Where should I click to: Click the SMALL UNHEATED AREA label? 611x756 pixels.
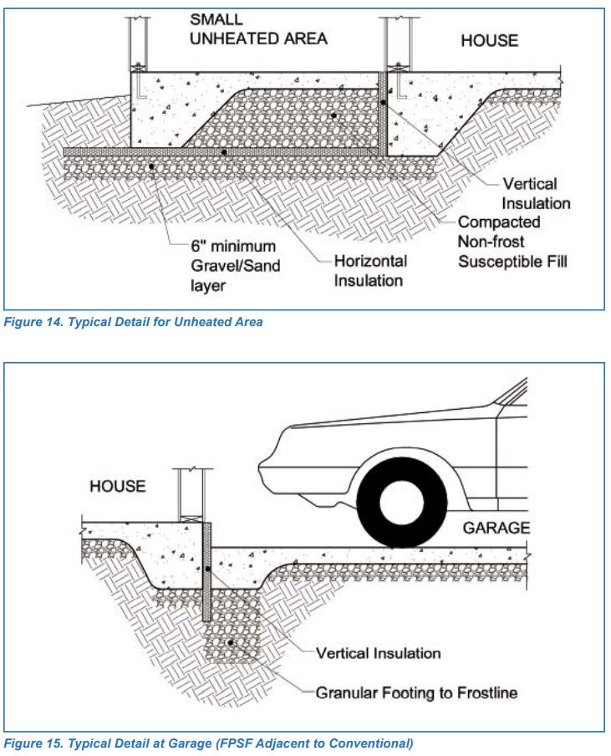point(257,29)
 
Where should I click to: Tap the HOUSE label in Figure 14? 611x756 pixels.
point(489,40)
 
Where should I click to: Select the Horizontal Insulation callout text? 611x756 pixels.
point(370,270)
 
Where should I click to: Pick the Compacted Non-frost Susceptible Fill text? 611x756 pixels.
point(512,242)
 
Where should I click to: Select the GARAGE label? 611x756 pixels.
point(496,529)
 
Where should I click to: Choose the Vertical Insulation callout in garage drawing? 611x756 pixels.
point(378,651)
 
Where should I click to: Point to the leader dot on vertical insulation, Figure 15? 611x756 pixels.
point(206,570)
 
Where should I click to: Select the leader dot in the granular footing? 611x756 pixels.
point(231,643)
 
